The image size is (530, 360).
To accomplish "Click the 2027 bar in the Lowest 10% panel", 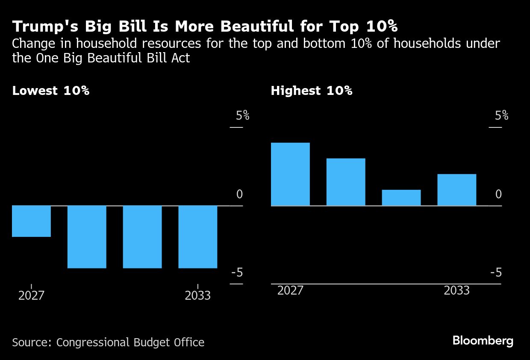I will (x=31, y=221).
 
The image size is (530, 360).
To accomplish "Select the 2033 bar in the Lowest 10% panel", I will (x=197, y=237).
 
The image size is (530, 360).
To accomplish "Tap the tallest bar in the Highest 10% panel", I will (x=290, y=174).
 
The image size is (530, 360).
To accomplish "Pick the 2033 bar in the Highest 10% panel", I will (x=456, y=190).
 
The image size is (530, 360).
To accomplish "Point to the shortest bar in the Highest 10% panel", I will (x=401, y=198).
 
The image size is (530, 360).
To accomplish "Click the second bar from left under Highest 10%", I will (x=346, y=182).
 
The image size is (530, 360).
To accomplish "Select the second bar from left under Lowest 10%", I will (x=87, y=237).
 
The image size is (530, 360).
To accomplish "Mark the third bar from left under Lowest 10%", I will (x=142, y=237).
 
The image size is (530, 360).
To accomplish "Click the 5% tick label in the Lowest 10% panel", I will (x=242, y=115).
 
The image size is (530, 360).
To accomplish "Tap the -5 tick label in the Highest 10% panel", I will (x=496, y=273).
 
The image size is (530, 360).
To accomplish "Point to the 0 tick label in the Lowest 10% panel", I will (x=239, y=195).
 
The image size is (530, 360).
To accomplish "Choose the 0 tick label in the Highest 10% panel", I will (x=498, y=195).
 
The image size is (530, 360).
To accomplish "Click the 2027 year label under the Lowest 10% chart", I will (x=31, y=295).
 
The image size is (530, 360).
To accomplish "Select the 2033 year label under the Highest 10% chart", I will (x=456, y=291).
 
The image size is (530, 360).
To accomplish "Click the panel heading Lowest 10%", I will (x=50, y=91).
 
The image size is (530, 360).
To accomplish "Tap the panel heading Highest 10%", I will (x=311, y=91).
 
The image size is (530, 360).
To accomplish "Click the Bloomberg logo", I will (x=483, y=341).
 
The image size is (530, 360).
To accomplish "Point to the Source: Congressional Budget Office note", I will (x=108, y=342).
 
